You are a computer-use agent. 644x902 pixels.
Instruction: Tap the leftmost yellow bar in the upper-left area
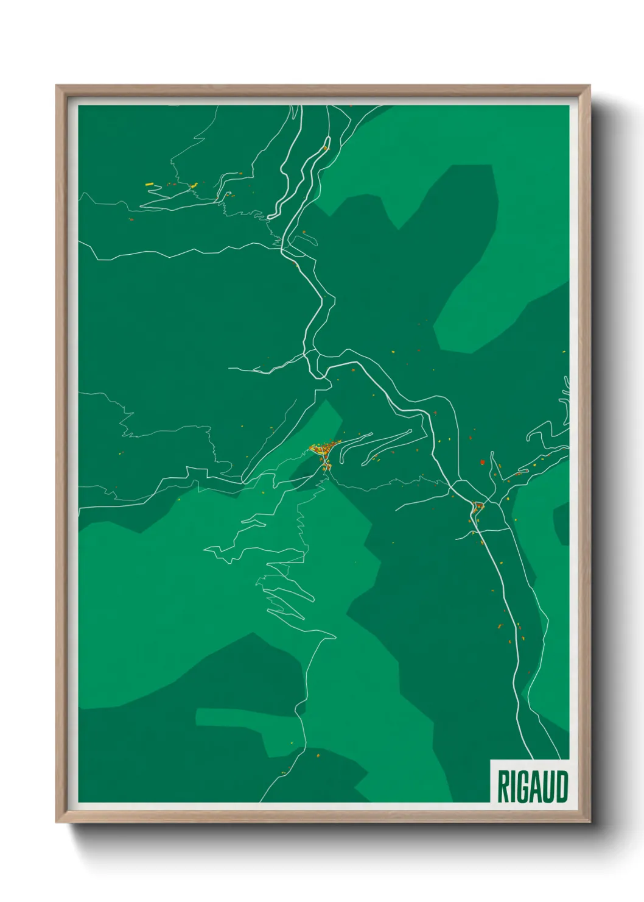pyautogui.click(x=149, y=184)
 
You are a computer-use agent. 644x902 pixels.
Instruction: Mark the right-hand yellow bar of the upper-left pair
pyautogui.click(x=194, y=186)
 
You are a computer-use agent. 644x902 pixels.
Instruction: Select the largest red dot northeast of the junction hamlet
pyautogui.click(x=482, y=463)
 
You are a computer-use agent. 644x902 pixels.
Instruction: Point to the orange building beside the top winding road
pyautogui.click(x=326, y=147)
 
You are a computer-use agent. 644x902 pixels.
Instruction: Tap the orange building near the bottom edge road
pyautogui.click(x=318, y=755)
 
